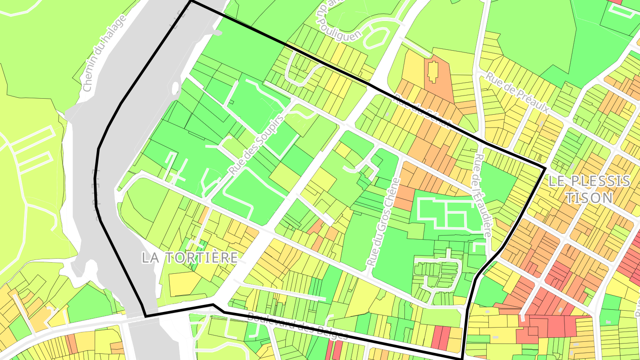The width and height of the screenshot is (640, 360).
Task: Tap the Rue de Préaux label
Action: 517,92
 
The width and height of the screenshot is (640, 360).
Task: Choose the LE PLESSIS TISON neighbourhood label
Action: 589,188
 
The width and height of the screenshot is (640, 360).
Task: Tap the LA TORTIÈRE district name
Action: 190,257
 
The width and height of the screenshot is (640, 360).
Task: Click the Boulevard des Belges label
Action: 297,326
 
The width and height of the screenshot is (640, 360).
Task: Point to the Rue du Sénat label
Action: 422,109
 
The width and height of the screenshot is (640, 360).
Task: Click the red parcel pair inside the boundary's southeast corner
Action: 440,337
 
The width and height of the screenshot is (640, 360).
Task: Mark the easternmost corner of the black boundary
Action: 545,168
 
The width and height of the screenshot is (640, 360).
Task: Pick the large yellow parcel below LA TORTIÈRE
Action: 184,283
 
